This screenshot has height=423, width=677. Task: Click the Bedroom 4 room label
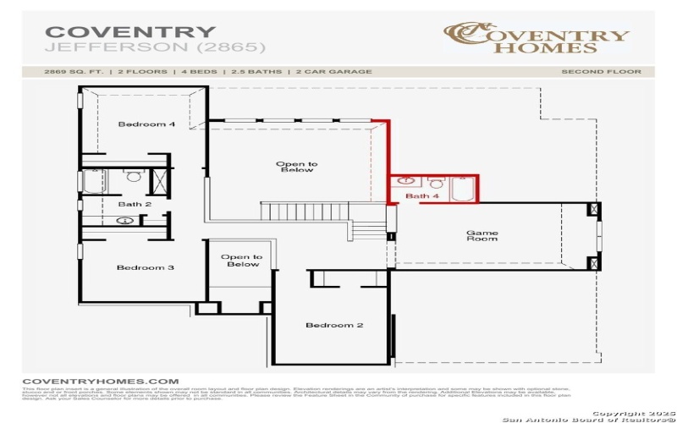pos(146,124)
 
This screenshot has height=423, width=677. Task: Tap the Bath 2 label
pos(135,204)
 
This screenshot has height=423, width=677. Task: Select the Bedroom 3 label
pos(146,267)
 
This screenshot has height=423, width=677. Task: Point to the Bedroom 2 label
pos(334,325)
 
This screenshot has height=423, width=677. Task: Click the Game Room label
pos(482,235)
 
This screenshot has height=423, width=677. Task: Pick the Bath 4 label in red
pos(422,196)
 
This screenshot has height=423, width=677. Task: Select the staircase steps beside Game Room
pos(367,228)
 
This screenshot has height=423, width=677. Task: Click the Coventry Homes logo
pos(537,37)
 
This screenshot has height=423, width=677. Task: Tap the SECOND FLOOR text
pos(601,72)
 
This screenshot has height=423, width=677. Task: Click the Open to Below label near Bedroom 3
pos(241,261)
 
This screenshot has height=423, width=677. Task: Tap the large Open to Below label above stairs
pos(296,167)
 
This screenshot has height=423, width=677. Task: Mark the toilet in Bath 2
pos(132,178)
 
